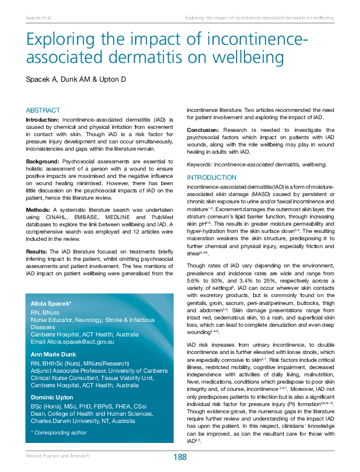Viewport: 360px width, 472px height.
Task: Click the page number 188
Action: coord(180,457)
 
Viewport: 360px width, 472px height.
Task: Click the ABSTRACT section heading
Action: coord(43,110)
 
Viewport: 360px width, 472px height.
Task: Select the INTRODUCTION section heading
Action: coord(211,177)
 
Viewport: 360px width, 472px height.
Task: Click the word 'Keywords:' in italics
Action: coord(200,164)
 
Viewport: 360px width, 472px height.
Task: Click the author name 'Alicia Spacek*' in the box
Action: coord(51,303)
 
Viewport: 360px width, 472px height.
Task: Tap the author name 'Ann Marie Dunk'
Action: coord(54,355)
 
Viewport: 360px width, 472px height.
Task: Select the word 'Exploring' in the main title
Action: coord(59,42)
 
